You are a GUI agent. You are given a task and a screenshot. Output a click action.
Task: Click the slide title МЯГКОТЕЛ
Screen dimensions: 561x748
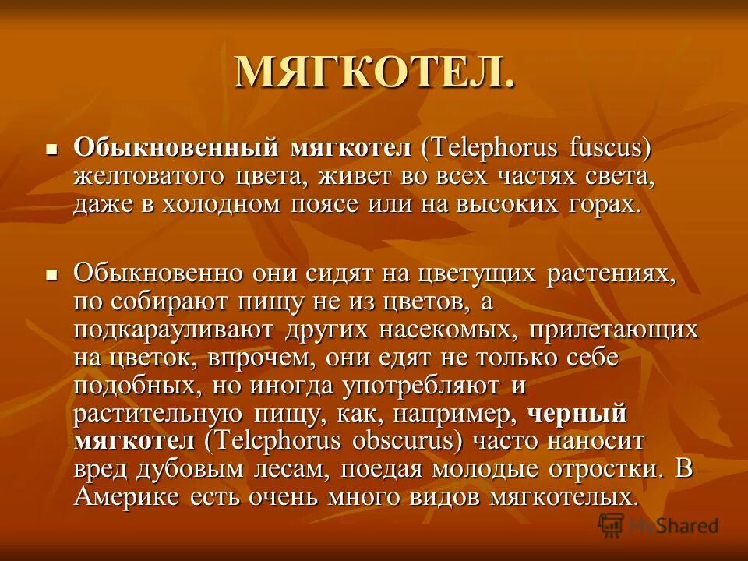(x=374, y=73)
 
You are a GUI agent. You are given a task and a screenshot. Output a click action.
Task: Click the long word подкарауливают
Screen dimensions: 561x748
(x=176, y=330)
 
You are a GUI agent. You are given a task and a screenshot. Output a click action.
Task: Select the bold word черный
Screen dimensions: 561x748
(x=577, y=414)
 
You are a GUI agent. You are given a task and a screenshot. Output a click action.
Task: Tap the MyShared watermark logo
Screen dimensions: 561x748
(x=658, y=525)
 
